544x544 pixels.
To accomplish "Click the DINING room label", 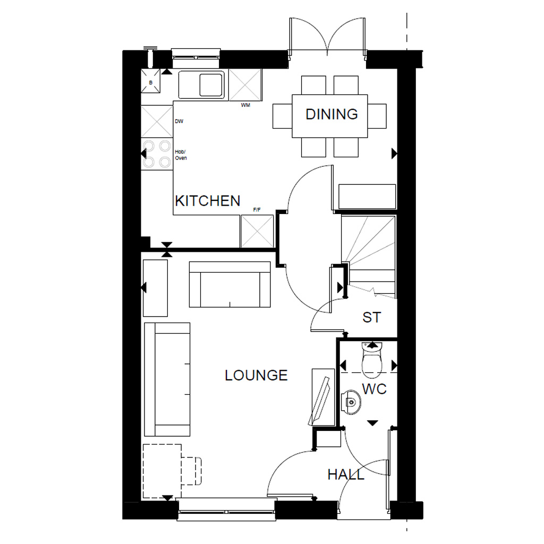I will [x=331, y=114].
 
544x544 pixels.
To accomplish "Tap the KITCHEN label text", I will [x=208, y=201].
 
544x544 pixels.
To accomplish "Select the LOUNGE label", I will [x=256, y=376].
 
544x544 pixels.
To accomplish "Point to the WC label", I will [x=375, y=389].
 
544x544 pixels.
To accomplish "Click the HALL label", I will [x=346, y=474].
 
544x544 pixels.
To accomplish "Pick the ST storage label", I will [x=372, y=318].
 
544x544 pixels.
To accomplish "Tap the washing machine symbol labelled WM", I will [x=245, y=85].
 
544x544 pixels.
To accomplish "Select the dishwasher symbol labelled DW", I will [x=157, y=122].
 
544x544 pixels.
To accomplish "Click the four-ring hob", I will [x=157, y=154].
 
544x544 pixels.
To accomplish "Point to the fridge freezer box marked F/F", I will [x=257, y=231].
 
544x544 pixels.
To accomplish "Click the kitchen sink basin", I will [x=211, y=85].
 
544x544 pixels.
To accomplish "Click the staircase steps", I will [x=369, y=250].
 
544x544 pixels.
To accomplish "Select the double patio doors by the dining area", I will [x=327, y=36].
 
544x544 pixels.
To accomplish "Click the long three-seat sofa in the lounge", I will [x=167, y=379].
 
